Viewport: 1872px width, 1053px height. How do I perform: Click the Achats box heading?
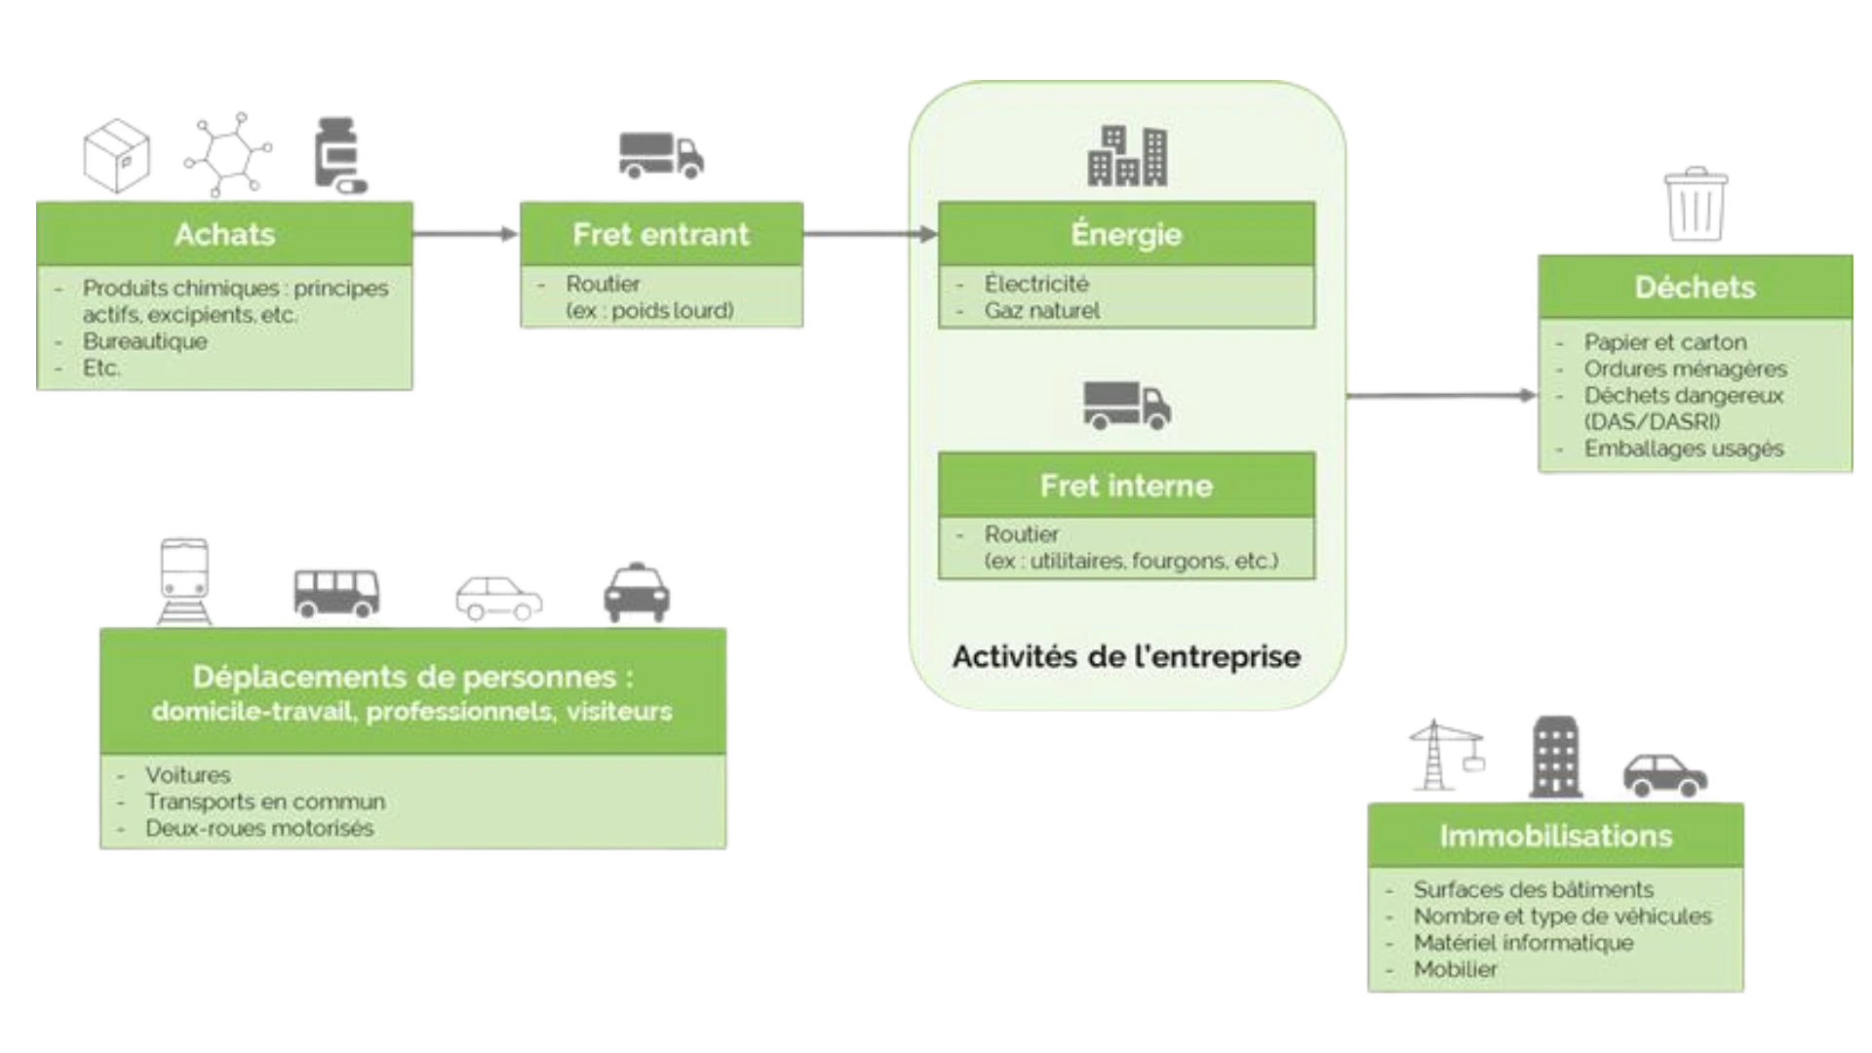pos(225,234)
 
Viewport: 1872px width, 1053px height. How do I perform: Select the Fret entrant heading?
pos(661,234)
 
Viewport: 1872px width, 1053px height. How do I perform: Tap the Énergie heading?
pos(1126,234)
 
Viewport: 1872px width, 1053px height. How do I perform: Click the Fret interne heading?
pos(1126,486)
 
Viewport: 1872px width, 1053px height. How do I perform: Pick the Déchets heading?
pos(1695,287)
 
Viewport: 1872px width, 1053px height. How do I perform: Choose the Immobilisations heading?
pos(1555,836)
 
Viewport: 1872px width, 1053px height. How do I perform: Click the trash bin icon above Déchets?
pos(1695,205)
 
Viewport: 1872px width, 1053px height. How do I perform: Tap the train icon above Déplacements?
pos(183,577)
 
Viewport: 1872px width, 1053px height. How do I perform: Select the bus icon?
pos(335,590)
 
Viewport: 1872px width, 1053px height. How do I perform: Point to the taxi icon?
pos(638,590)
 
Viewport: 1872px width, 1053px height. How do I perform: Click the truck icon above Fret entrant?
pos(662,156)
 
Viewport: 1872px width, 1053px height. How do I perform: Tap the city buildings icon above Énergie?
pos(1127,156)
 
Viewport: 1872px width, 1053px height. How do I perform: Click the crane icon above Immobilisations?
pos(1445,754)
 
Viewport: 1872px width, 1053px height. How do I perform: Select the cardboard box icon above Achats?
pos(117,154)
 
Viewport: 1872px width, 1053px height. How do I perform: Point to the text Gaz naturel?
pos(1041,311)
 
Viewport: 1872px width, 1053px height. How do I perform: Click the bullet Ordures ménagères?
pos(1685,370)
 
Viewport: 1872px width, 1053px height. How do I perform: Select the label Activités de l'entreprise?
pos(1126,656)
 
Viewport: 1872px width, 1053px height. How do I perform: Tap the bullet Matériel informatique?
pos(1523,943)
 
